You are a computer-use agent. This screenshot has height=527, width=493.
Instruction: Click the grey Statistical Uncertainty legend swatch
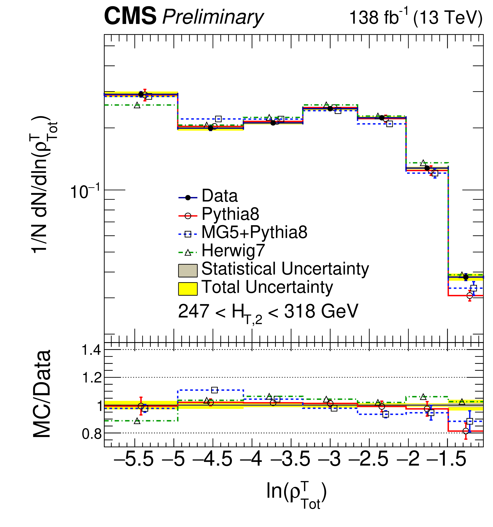[x=188, y=270]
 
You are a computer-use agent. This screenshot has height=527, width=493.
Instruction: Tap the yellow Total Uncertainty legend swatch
[x=188, y=289]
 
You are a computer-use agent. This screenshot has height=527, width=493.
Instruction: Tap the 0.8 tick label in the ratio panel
[x=91, y=434]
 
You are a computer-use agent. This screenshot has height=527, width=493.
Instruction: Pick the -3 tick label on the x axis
[x=329, y=459]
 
